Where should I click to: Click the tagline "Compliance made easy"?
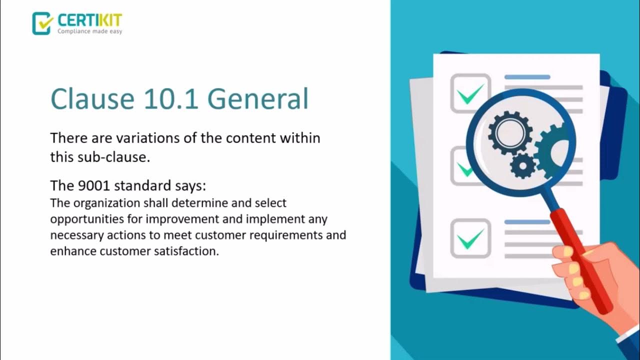89,31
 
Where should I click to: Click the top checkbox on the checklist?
470,93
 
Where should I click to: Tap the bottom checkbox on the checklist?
470,238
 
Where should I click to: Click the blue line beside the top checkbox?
527,77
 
